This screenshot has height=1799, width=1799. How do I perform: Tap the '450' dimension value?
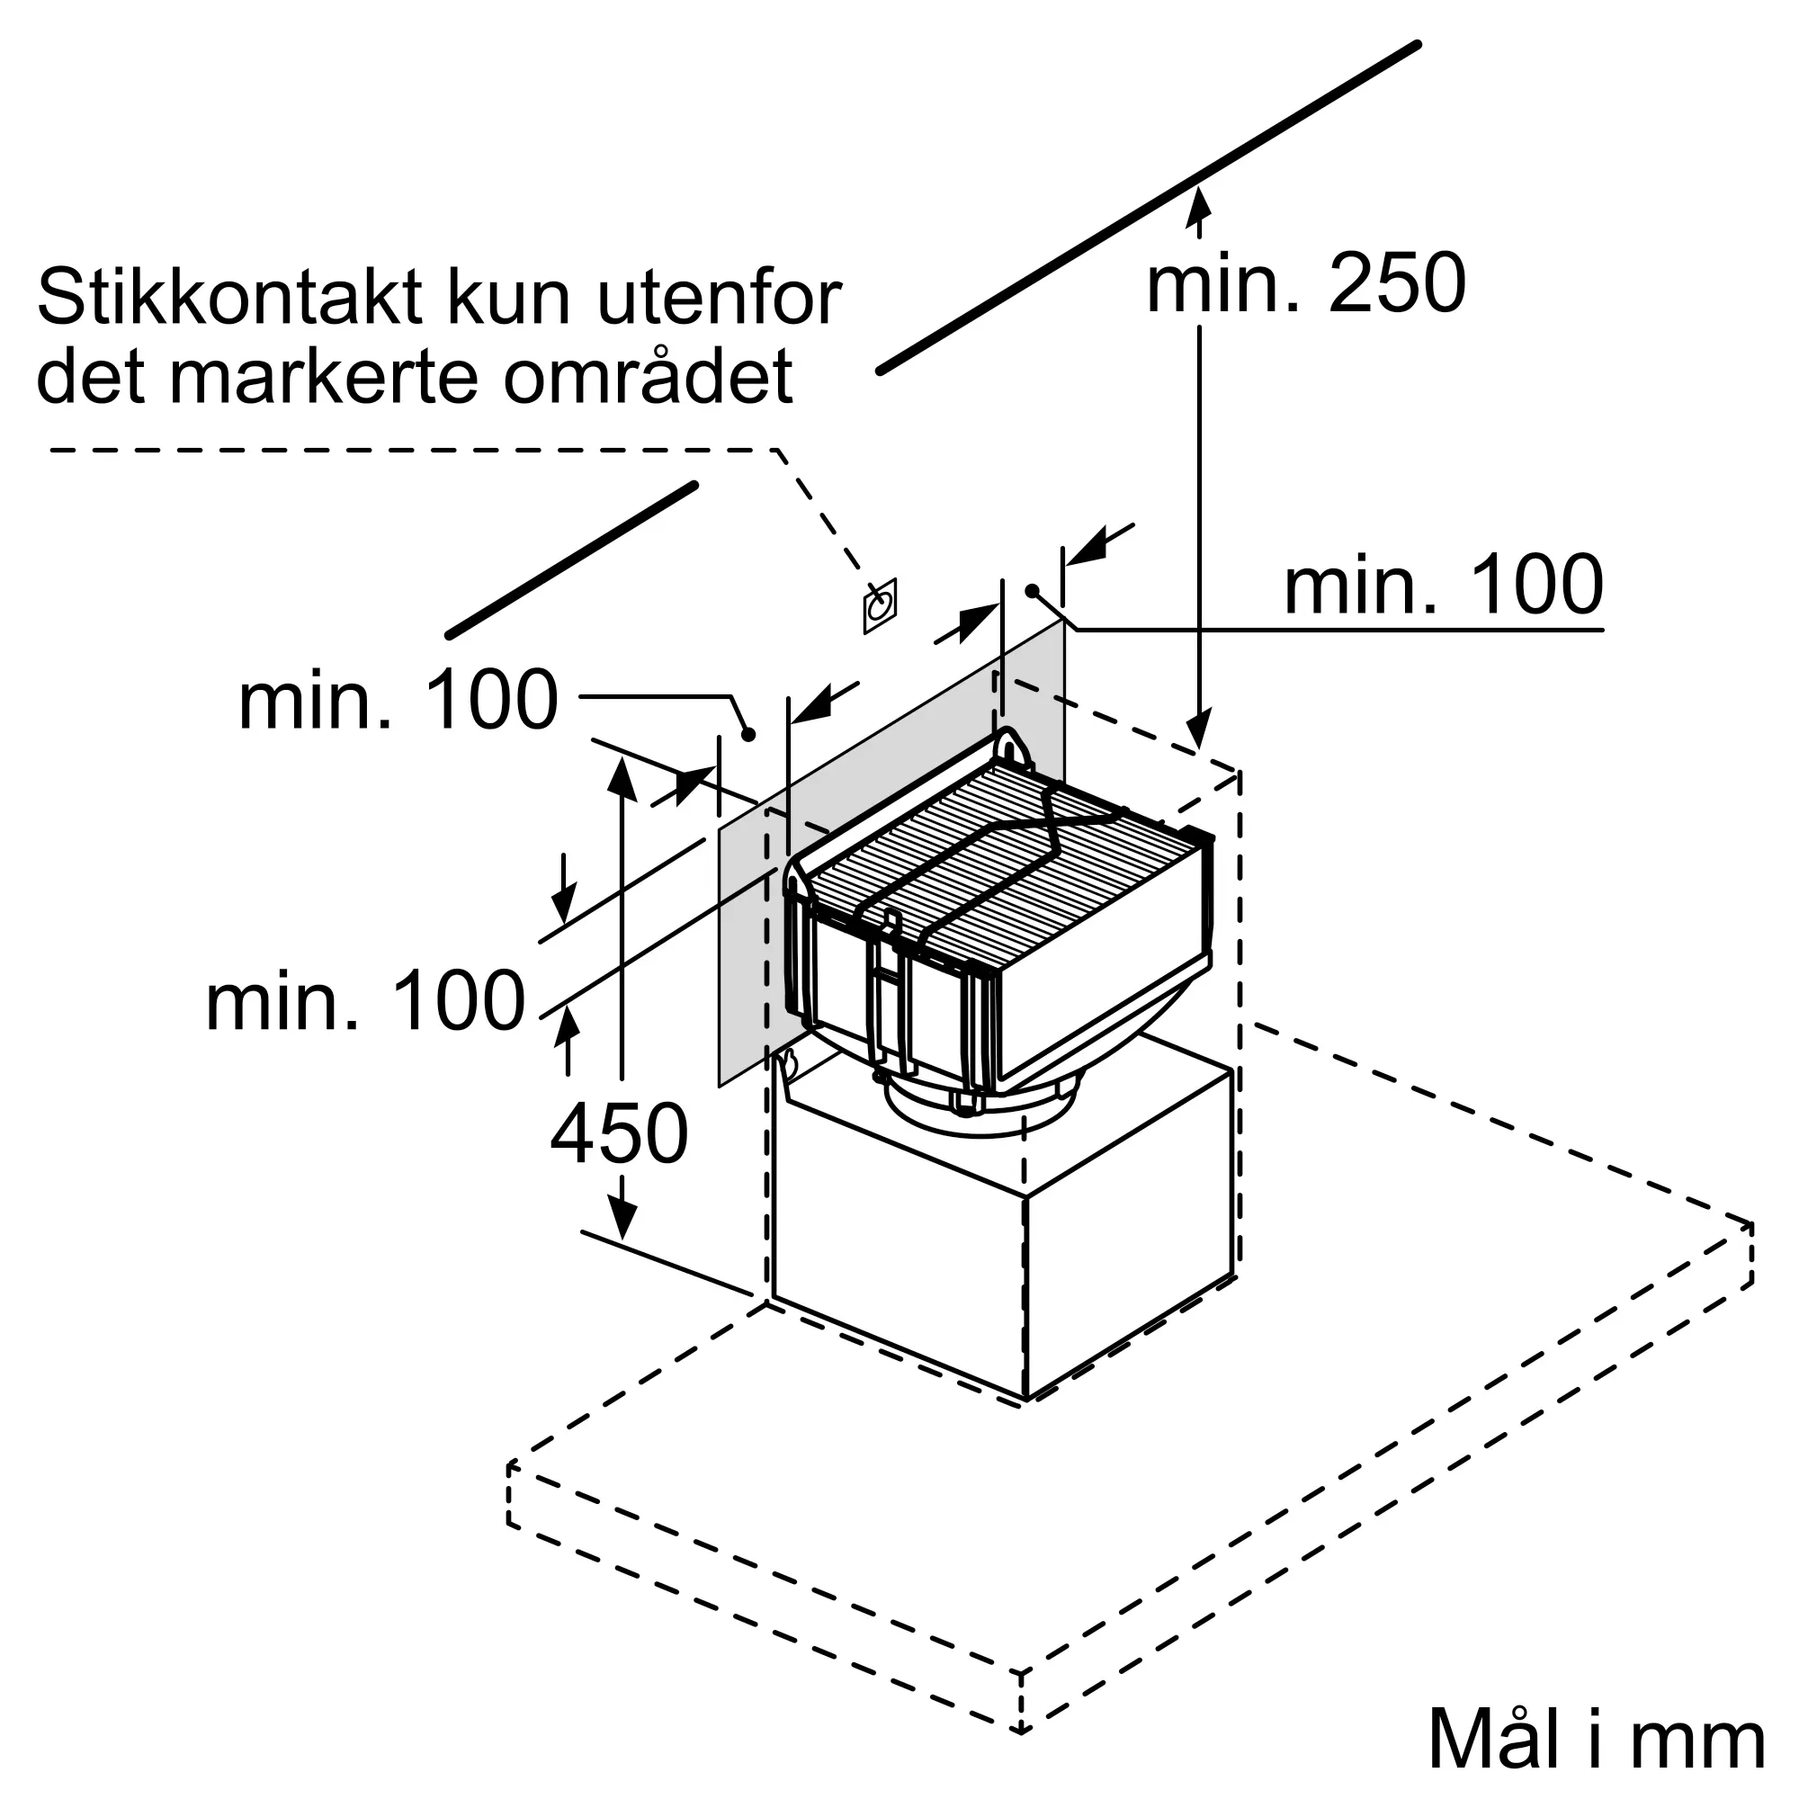coord(619,1133)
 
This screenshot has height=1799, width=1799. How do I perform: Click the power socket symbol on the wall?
coord(879,607)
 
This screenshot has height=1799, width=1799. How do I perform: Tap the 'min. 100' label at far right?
coord(1444,585)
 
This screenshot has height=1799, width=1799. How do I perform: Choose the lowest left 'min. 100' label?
coord(365,1001)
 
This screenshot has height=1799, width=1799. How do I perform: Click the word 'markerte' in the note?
coord(329,376)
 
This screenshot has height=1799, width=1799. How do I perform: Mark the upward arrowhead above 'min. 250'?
coord(1199,203)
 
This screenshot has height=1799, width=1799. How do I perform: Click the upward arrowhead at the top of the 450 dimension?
coord(622,776)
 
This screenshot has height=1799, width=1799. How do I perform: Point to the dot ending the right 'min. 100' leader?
coord(1032,590)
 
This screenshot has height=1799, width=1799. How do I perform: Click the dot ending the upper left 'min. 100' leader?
coord(747,735)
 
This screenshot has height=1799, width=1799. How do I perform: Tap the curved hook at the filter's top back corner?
coord(1012,746)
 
